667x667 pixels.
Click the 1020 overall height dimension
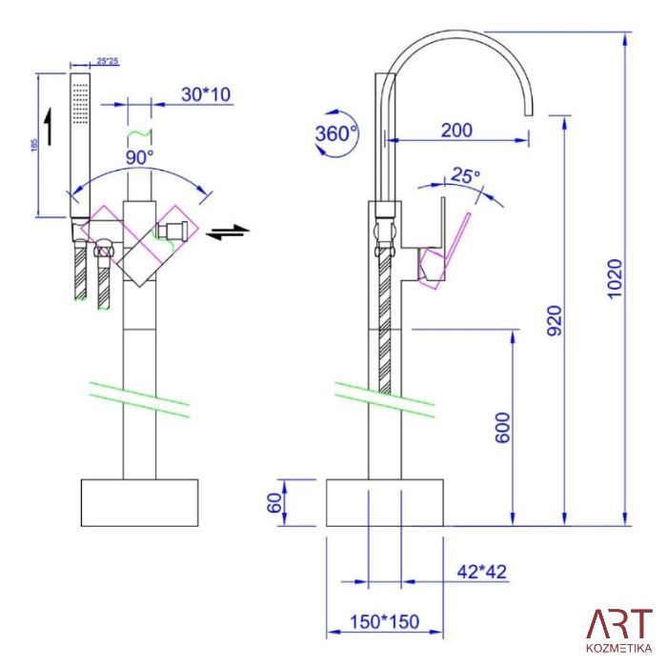[x=615, y=278]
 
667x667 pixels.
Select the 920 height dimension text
[x=555, y=320]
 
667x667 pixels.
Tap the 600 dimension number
[x=502, y=428]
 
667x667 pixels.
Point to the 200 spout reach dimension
[x=456, y=131]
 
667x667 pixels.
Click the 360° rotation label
[x=335, y=133]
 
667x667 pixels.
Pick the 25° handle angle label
[x=465, y=175]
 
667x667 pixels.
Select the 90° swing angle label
[x=139, y=157]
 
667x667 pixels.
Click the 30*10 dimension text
[x=206, y=94]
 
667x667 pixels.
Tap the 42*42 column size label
[x=482, y=572]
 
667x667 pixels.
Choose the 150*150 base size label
[x=385, y=621]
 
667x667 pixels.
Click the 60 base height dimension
[x=275, y=503]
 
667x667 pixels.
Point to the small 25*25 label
[x=107, y=61]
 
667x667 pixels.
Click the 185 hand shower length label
[x=34, y=145]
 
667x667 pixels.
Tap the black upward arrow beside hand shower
[x=50, y=127]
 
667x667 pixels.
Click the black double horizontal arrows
[x=228, y=232]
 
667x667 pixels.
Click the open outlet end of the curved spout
[x=528, y=115]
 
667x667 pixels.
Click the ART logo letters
[x=619, y=624]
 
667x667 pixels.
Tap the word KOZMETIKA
[x=619, y=648]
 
